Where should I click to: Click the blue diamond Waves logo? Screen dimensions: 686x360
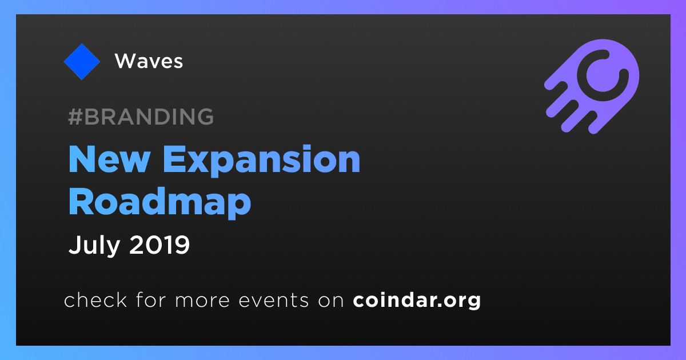click(82, 62)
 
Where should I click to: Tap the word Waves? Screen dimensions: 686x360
click(149, 61)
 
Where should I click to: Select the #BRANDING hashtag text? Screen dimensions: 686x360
click(141, 117)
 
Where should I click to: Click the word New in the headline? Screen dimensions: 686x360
click(109, 159)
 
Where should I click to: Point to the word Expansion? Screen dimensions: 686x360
click(262, 161)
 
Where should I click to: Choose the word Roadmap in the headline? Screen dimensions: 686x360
click(159, 203)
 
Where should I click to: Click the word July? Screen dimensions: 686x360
click(94, 246)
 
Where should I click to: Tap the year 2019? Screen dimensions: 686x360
click(159, 245)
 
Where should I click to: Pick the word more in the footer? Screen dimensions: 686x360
click(202, 302)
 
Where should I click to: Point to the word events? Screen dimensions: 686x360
click(274, 301)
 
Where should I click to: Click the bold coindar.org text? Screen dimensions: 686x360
click(417, 301)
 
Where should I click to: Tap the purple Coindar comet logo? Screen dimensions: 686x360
click(592, 86)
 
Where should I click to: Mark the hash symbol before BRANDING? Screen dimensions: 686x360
click(75, 117)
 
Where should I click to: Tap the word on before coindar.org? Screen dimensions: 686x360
click(331, 301)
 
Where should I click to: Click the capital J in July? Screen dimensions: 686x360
click(75, 245)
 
